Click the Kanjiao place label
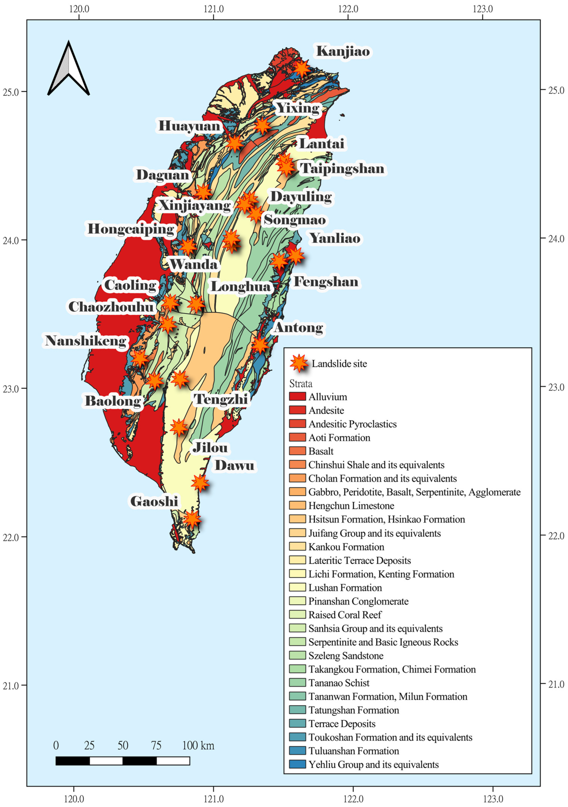coord(343,51)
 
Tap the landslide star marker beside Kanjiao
coord(302,68)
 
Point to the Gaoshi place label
coord(154,501)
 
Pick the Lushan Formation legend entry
coord(345,588)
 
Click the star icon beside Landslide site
coord(299,363)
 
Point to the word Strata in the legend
coord(301,383)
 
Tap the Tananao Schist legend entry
coord(339,683)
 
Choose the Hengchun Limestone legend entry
coord(351,506)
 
